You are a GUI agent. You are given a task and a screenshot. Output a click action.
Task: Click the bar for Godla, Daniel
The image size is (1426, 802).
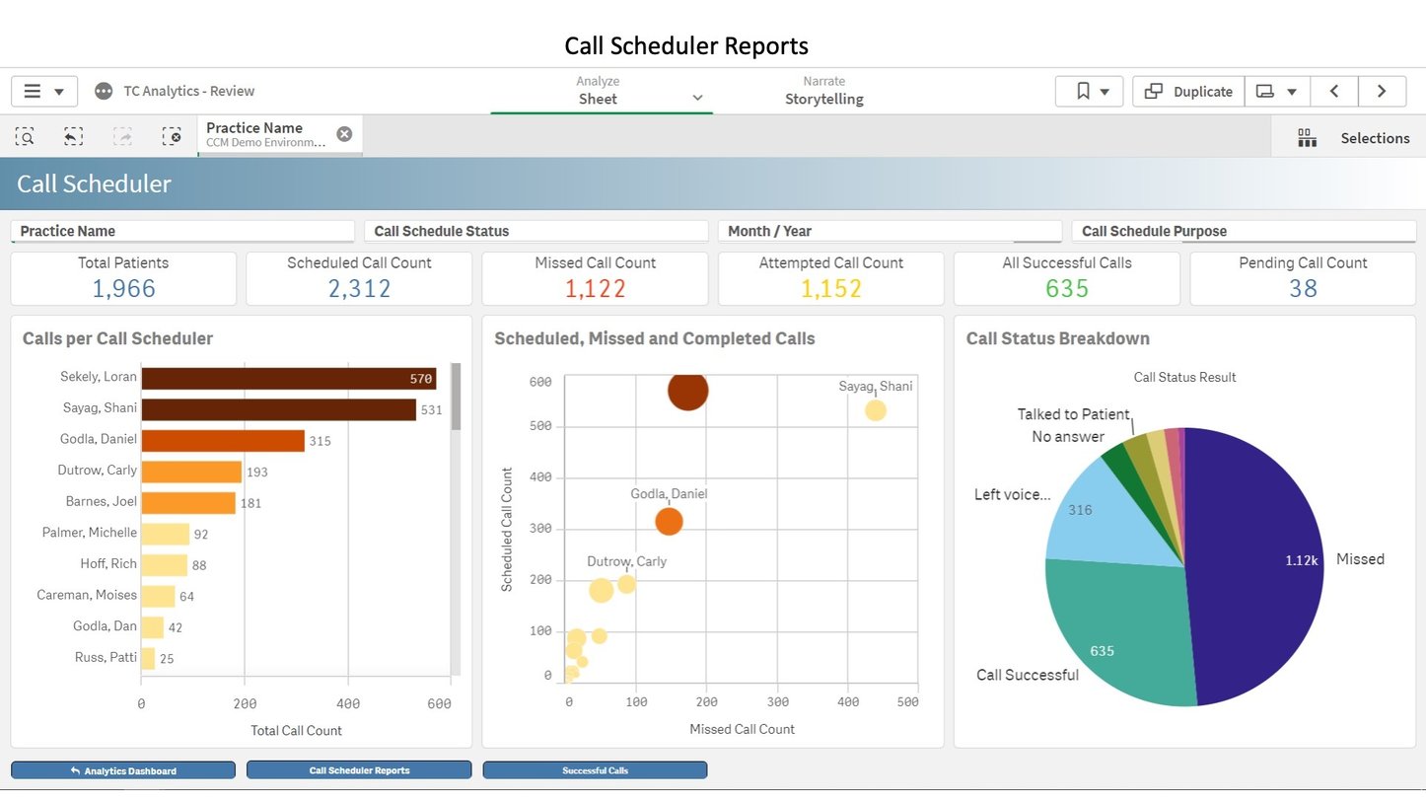click(223, 441)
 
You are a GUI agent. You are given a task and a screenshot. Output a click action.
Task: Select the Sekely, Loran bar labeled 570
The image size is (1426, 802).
click(288, 379)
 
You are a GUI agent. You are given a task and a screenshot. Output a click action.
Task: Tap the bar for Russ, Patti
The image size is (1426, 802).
click(148, 658)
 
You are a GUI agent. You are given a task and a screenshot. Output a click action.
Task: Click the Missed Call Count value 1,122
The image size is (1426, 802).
click(595, 288)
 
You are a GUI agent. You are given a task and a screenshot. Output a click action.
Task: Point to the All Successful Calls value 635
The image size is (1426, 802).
click(1066, 288)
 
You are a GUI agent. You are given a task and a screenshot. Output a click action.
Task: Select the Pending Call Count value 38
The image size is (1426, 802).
click(1303, 288)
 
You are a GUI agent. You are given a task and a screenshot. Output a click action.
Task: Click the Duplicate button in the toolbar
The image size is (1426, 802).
click(1188, 92)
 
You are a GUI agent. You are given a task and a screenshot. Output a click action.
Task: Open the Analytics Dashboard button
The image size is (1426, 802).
click(123, 770)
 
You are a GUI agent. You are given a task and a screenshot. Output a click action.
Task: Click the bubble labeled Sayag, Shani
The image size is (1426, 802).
click(875, 410)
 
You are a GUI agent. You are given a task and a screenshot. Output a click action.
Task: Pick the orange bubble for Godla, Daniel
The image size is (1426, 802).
click(669, 521)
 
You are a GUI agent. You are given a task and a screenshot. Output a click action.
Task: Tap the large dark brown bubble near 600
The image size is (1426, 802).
click(687, 391)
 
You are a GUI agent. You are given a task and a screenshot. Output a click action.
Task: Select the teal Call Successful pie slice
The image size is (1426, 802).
click(1114, 631)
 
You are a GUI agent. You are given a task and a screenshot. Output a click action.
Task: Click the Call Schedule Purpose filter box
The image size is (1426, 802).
click(1243, 232)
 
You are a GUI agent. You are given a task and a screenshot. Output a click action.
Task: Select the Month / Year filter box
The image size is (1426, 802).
click(889, 232)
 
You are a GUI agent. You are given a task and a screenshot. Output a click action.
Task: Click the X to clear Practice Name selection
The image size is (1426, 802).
click(344, 134)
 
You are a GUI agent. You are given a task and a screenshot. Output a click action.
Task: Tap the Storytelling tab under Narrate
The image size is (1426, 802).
click(823, 99)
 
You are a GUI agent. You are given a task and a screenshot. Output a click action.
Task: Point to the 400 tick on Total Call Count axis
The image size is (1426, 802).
click(348, 704)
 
